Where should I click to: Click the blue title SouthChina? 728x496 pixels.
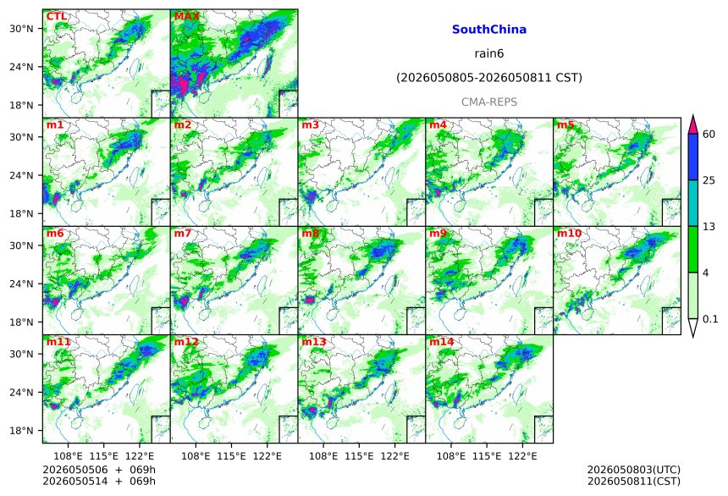(x=489, y=30)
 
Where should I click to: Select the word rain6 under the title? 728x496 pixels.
(x=489, y=53)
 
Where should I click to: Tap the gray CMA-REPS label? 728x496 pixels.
(x=489, y=102)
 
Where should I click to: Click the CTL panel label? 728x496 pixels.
(x=57, y=16)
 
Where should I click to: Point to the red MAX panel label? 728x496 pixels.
(x=186, y=16)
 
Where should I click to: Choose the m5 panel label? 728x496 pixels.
(x=565, y=125)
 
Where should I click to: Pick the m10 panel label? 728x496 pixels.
(x=569, y=233)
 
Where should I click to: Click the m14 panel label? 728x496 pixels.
(x=442, y=342)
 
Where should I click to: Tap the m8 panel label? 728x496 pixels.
(x=310, y=233)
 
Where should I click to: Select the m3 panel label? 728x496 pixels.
(x=310, y=125)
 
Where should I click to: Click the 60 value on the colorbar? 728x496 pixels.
(x=709, y=135)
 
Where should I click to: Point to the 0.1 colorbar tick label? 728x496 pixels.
(x=710, y=319)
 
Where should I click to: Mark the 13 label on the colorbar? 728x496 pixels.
(x=709, y=227)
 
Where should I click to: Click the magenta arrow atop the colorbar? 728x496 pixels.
(x=693, y=124)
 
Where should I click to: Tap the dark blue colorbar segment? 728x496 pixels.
(x=693, y=157)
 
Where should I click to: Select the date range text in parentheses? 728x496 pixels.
(x=489, y=78)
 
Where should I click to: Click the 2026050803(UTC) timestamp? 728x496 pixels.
(x=634, y=470)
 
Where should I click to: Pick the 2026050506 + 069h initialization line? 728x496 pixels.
(x=99, y=470)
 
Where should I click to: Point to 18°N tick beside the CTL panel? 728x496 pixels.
(x=21, y=106)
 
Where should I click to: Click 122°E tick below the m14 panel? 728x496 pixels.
(x=522, y=456)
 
